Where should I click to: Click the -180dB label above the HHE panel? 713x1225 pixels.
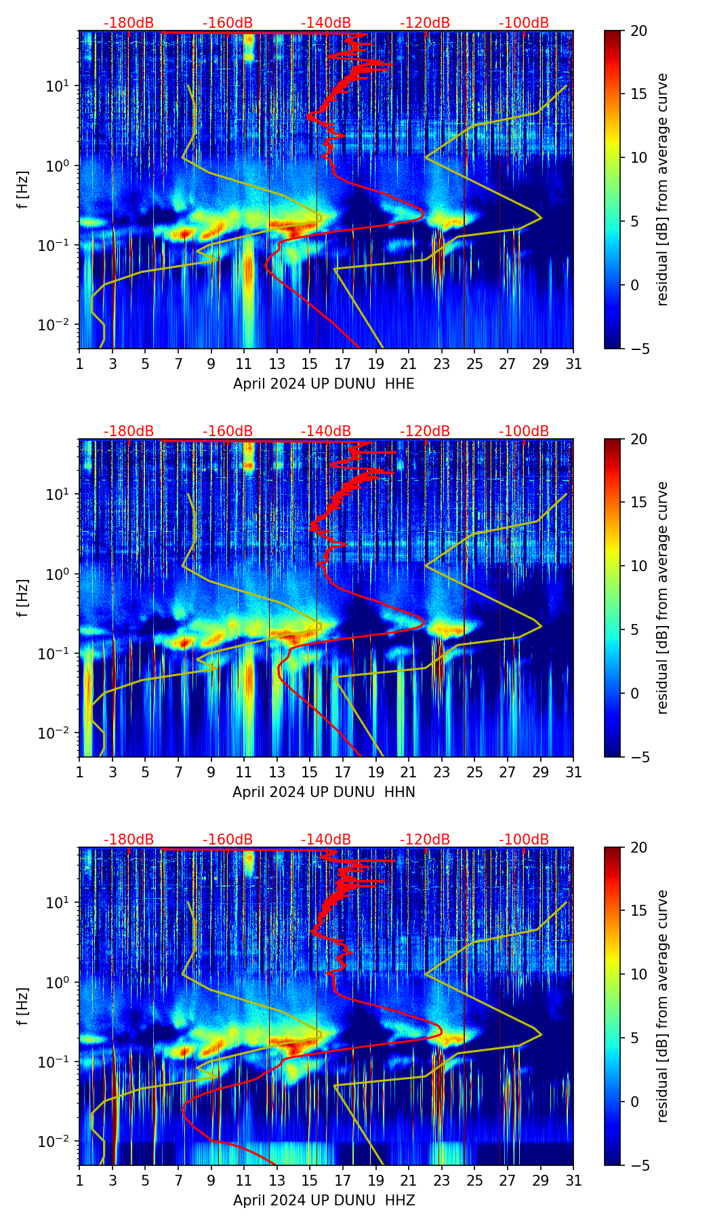[x=129, y=23]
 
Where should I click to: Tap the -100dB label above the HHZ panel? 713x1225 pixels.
[x=524, y=840]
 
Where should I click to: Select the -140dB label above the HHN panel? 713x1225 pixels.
[x=326, y=431]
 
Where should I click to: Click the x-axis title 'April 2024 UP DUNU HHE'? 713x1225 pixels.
[x=323, y=384]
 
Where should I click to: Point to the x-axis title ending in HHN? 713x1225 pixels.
[x=323, y=792]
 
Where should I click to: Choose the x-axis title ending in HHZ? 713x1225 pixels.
[x=323, y=1201]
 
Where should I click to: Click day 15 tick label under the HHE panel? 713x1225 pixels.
[x=310, y=364]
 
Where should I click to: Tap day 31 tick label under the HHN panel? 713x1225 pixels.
[x=573, y=773]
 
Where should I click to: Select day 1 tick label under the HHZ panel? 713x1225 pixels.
[x=80, y=1181]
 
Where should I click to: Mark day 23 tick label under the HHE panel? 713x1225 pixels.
[x=441, y=364]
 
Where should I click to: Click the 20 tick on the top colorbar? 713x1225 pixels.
[x=638, y=31]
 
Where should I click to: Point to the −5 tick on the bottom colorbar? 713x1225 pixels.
[x=638, y=1165]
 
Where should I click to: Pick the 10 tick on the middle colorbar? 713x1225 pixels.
[x=638, y=566]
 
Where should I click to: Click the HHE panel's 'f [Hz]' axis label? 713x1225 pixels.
[x=24, y=189]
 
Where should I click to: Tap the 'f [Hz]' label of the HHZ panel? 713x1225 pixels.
[x=24, y=1006]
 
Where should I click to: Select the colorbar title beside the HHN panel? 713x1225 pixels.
[x=663, y=598]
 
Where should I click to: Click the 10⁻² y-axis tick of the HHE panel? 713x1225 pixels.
[x=59, y=325]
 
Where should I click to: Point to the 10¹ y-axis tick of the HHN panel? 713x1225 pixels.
[x=60, y=494]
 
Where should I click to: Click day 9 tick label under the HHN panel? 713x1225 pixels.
[x=211, y=773]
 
